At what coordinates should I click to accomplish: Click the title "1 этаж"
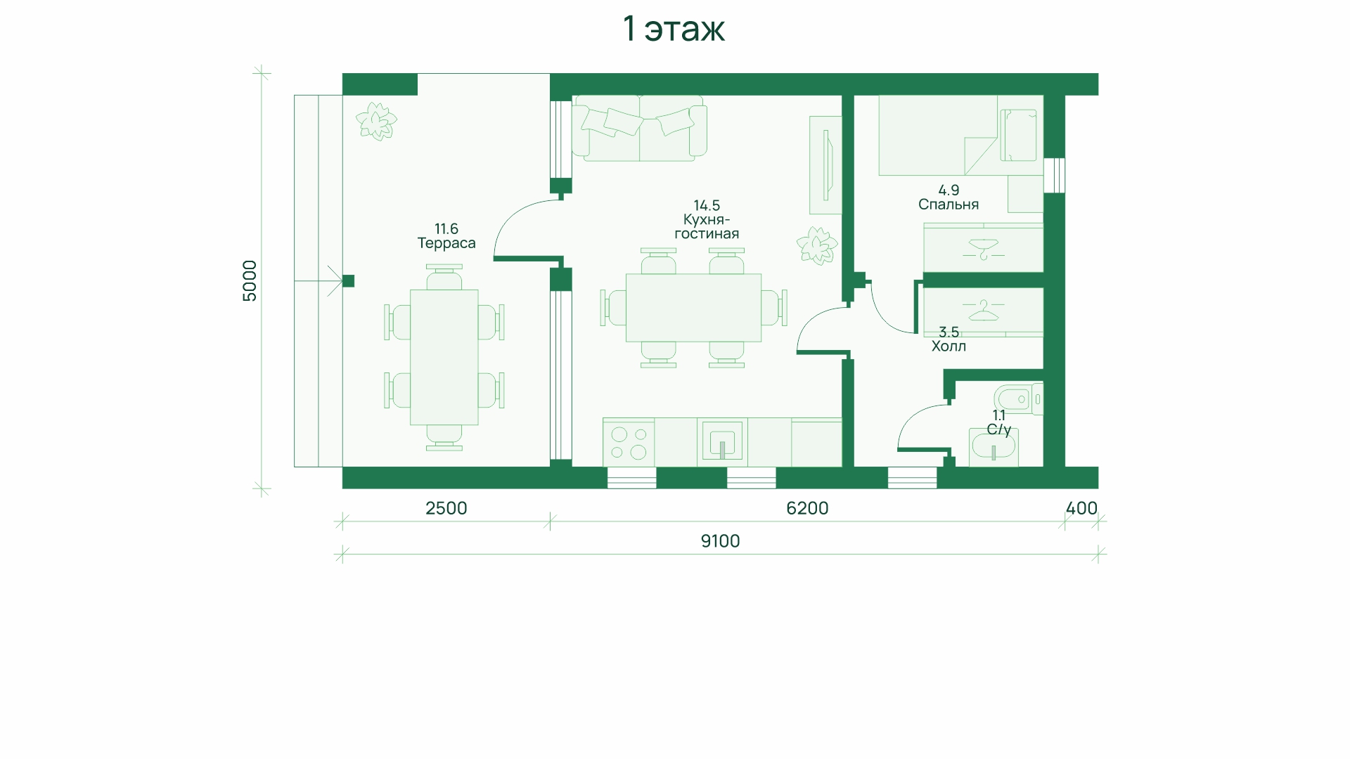tap(674, 29)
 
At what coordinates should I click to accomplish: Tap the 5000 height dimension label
tap(250, 281)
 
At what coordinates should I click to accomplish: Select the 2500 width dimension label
tap(446, 508)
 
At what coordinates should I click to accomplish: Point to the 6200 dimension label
tap(807, 508)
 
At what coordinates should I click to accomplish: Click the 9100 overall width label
tap(721, 541)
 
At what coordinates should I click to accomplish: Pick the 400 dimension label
tap(1081, 508)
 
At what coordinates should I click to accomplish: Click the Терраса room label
tap(446, 243)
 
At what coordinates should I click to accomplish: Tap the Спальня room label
tap(949, 205)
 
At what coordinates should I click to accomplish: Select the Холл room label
tap(949, 346)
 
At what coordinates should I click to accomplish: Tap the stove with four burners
tap(629, 443)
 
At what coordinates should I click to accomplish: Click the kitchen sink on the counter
tap(722, 443)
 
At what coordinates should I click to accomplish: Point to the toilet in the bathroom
tap(1018, 398)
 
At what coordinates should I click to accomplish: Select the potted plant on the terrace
tap(376, 121)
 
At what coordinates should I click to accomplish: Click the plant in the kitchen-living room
tap(817, 245)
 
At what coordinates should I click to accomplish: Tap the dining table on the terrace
tap(444, 357)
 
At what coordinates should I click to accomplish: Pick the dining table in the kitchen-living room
tap(693, 308)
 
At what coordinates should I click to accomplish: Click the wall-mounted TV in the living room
tap(825, 165)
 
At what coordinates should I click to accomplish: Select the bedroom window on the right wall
tap(1054, 175)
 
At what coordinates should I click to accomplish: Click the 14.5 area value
tap(707, 205)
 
